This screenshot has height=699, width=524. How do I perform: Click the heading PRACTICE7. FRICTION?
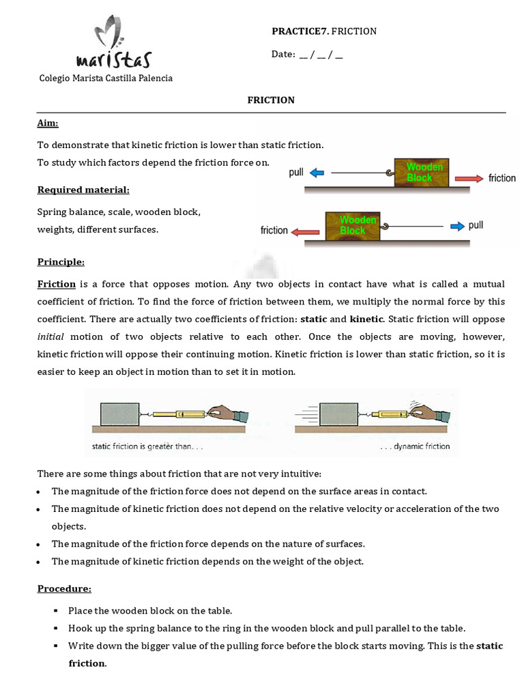[x=324, y=31]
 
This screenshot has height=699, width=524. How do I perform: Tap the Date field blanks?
[x=321, y=55]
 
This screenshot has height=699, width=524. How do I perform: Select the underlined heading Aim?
[x=48, y=123]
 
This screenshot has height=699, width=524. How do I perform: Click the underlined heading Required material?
[x=83, y=189]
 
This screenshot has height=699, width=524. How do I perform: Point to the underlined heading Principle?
[x=61, y=261]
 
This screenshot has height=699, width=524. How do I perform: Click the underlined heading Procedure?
[x=64, y=588]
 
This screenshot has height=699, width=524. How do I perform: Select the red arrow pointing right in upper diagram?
[x=469, y=177]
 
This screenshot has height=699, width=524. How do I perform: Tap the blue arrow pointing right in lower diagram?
[x=456, y=226]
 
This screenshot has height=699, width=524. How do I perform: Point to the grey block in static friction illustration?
[x=119, y=414]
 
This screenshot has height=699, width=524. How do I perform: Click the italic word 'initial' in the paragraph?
[x=50, y=337]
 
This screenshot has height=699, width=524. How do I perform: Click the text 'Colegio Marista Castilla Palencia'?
[x=105, y=78]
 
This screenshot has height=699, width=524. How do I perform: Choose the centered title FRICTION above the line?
[x=271, y=100]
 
